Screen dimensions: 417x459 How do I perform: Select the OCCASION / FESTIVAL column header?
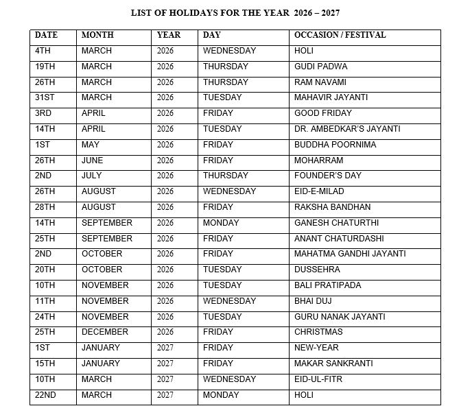(340, 35)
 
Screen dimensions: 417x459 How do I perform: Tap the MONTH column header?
(97, 35)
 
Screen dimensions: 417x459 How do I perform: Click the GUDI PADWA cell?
(320, 67)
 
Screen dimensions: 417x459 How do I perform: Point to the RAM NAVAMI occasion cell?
(320, 82)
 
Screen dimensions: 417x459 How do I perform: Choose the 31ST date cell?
(45, 97)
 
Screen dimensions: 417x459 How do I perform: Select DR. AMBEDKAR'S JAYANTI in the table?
(347, 129)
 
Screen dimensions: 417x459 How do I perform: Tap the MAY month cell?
(90, 145)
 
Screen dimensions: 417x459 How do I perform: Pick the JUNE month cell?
(92, 160)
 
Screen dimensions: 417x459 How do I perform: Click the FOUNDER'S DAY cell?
(327, 176)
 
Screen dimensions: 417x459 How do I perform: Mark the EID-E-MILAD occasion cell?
(319, 191)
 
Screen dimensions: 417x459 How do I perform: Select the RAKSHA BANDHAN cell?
(332, 207)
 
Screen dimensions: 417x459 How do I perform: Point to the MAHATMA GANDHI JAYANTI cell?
(350, 254)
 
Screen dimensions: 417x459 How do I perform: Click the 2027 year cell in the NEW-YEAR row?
(165, 348)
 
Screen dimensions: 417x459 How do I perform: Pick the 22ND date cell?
(45, 395)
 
